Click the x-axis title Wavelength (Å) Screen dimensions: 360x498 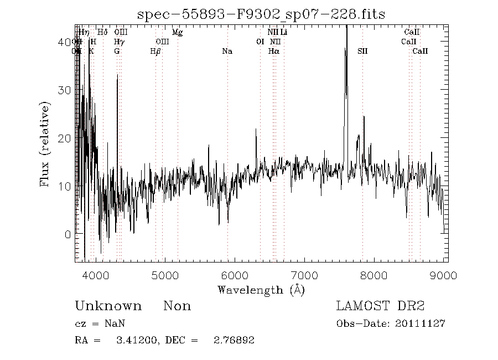pyautogui.click(x=261, y=289)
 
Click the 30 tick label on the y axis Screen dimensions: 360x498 pyautogui.click(x=64, y=90)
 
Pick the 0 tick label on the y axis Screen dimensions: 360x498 pyautogui.click(x=67, y=234)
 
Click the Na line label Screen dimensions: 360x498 pyautogui.click(x=227, y=52)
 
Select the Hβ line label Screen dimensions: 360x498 pyautogui.click(x=155, y=52)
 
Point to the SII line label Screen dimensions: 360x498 pyautogui.click(x=362, y=52)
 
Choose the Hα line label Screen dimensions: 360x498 pyautogui.click(x=273, y=52)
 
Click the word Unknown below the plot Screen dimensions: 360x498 pyautogui.click(x=108, y=306)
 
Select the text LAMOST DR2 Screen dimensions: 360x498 pyautogui.click(x=380, y=306)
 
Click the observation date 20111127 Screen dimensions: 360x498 pyautogui.click(x=423, y=323)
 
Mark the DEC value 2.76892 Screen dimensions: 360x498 pyautogui.click(x=234, y=340)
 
